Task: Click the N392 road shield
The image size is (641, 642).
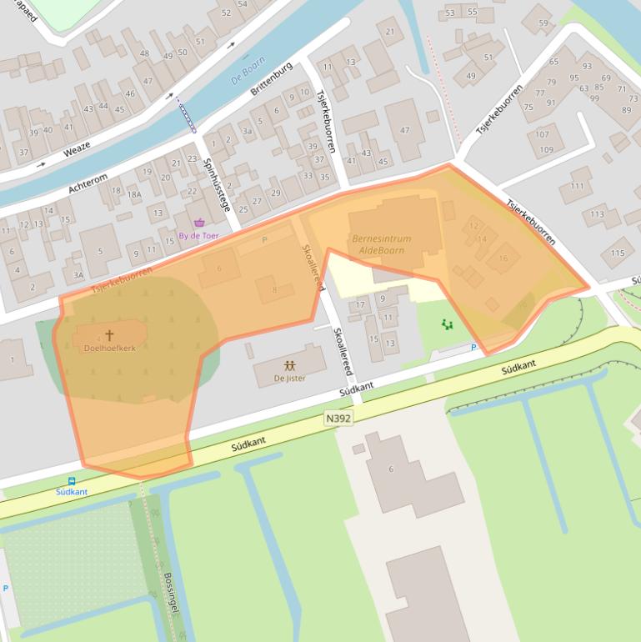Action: [338, 418]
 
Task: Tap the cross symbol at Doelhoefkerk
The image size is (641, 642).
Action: [109, 335]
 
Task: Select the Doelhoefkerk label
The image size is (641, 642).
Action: [109, 348]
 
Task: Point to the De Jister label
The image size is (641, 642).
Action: [289, 379]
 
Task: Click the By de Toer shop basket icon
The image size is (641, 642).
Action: [199, 223]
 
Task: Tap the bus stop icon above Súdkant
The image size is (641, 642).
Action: [72, 481]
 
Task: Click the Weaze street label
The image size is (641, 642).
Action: [76, 150]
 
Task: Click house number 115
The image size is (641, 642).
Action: [617, 253]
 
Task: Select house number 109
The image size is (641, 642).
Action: [545, 150]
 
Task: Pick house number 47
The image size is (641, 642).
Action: [405, 130]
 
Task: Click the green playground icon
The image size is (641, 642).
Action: [448, 324]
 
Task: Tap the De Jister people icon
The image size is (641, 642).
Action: [289, 365]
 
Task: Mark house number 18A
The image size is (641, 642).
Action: [134, 193]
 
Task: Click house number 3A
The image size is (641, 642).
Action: [78, 274]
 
